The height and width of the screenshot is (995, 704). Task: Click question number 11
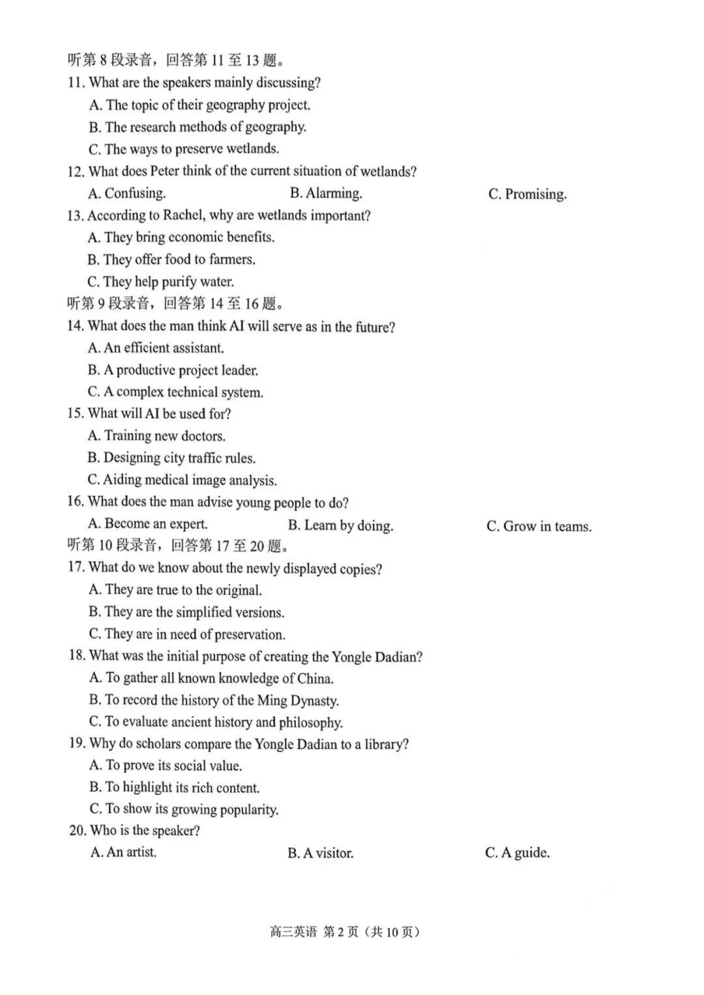tap(76, 83)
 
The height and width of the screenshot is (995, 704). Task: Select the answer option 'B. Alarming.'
tap(326, 194)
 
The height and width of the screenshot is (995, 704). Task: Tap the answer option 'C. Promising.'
tap(527, 194)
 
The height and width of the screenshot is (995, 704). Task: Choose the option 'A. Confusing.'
tap(127, 194)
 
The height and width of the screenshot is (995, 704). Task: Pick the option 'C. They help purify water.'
tap(160, 281)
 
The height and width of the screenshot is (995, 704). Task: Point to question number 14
tap(75, 326)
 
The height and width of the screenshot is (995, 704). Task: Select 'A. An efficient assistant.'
tap(156, 348)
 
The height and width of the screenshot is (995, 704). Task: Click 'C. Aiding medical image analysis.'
tap(182, 480)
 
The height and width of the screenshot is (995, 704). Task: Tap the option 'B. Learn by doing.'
tap(340, 526)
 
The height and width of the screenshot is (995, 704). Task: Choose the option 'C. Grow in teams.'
tap(538, 526)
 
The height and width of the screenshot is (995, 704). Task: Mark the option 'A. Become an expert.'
tap(147, 524)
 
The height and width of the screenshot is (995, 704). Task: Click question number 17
tap(76, 568)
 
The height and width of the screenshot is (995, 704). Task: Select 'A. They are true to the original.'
tap(175, 590)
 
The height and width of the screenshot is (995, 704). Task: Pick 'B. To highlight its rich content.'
tap(174, 788)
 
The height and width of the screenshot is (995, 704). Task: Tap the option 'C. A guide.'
tap(517, 853)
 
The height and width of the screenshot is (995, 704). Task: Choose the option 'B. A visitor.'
tap(320, 853)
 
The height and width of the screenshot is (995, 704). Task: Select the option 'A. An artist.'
tap(123, 852)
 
